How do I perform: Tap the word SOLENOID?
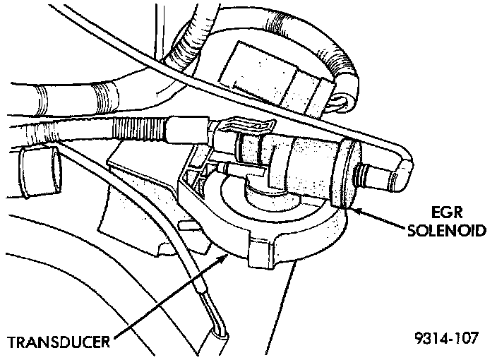449,231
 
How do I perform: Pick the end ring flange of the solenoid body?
347,174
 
